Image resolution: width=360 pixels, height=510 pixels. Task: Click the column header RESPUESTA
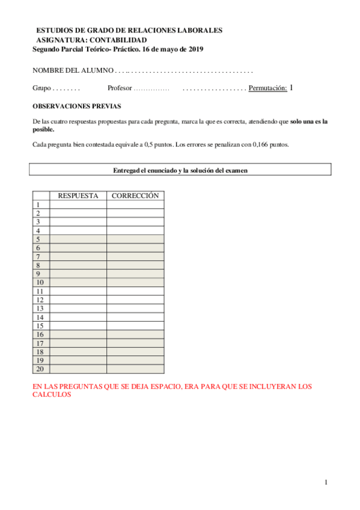pyautogui.click(x=78, y=196)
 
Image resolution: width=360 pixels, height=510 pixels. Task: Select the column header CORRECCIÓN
pyautogui.click(x=135, y=196)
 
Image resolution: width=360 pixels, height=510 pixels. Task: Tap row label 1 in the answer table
pyautogui.click(x=38, y=205)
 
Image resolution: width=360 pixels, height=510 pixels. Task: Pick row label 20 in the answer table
pyautogui.click(x=40, y=369)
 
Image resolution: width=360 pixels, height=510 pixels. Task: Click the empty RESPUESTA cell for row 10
pyautogui.click(x=78, y=283)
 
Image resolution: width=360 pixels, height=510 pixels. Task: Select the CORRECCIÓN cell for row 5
pyautogui.click(x=135, y=239)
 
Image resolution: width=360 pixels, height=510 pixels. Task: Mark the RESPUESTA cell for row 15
pyautogui.click(x=78, y=326)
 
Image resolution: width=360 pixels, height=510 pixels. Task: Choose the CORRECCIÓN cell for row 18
pyautogui.click(x=135, y=352)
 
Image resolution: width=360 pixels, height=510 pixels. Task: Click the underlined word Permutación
pyautogui.click(x=267, y=88)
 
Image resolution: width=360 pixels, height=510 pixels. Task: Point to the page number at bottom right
pyautogui.click(x=325, y=482)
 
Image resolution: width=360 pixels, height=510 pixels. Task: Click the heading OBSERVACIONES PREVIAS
pyautogui.click(x=76, y=106)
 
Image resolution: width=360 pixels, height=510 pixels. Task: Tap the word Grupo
pyautogui.click(x=41, y=88)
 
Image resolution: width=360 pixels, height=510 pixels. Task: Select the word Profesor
pyautogui.click(x=119, y=88)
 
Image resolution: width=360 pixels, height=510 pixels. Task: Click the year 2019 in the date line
pyautogui.click(x=195, y=49)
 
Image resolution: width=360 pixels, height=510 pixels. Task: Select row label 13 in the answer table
pyautogui.click(x=40, y=309)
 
